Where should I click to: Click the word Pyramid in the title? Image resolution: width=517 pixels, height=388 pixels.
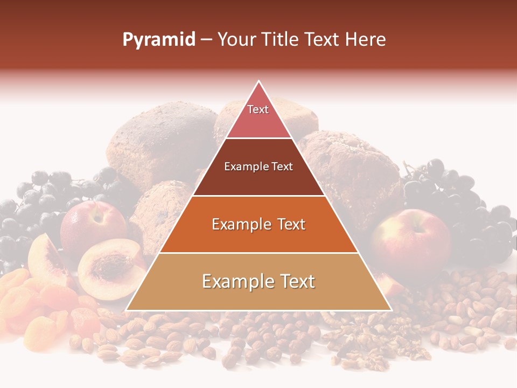pyautogui.click(x=158, y=40)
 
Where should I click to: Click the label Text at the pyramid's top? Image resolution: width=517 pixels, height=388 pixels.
pyautogui.click(x=258, y=109)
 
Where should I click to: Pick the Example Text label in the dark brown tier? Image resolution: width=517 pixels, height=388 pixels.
pyautogui.click(x=258, y=167)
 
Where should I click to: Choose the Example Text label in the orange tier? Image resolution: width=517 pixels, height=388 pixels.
pyautogui.click(x=258, y=224)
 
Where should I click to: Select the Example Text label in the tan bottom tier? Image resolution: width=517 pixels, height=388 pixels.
pyautogui.click(x=258, y=281)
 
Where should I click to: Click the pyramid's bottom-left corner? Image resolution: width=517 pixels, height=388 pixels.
pyautogui.click(x=127, y=310)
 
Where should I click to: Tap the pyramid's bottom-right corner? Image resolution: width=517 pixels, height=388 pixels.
pyautogui.click(x=391, y=310)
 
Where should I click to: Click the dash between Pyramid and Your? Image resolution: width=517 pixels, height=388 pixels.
pyautogui.click(x=206, y=40)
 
